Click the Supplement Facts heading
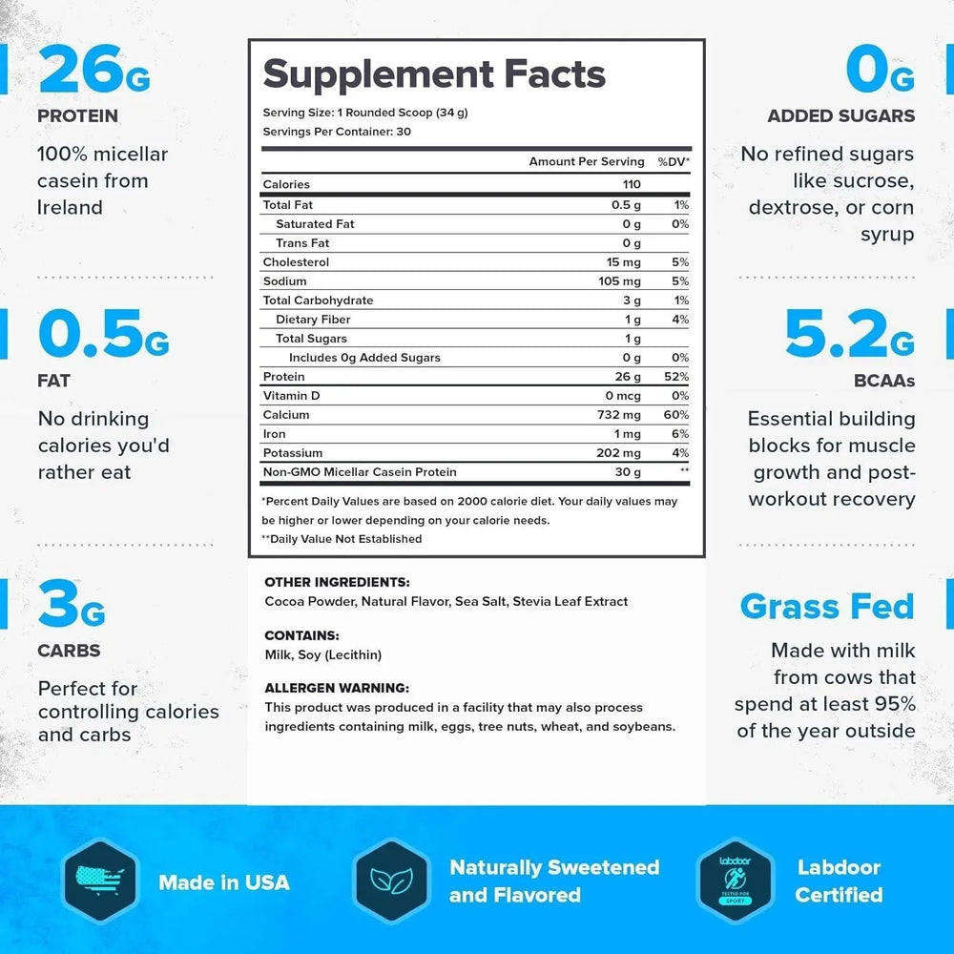[x=434, y=74]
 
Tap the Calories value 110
[x=630, y=185]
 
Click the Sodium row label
[x=285, y=281]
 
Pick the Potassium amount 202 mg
[x=617, y=453]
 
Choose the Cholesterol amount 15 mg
[x=623, y=262]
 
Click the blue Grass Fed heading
[x=827, y=607]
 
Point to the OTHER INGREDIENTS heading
[x=337, y=582]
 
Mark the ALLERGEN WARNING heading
[x=337, y=688]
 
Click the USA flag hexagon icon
[x=96, y=881]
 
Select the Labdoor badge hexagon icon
[x=734, y=881]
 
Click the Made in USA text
[x=224, y=882]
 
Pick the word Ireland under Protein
[x=70, y=207]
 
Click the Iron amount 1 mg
[x=628, y=434]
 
